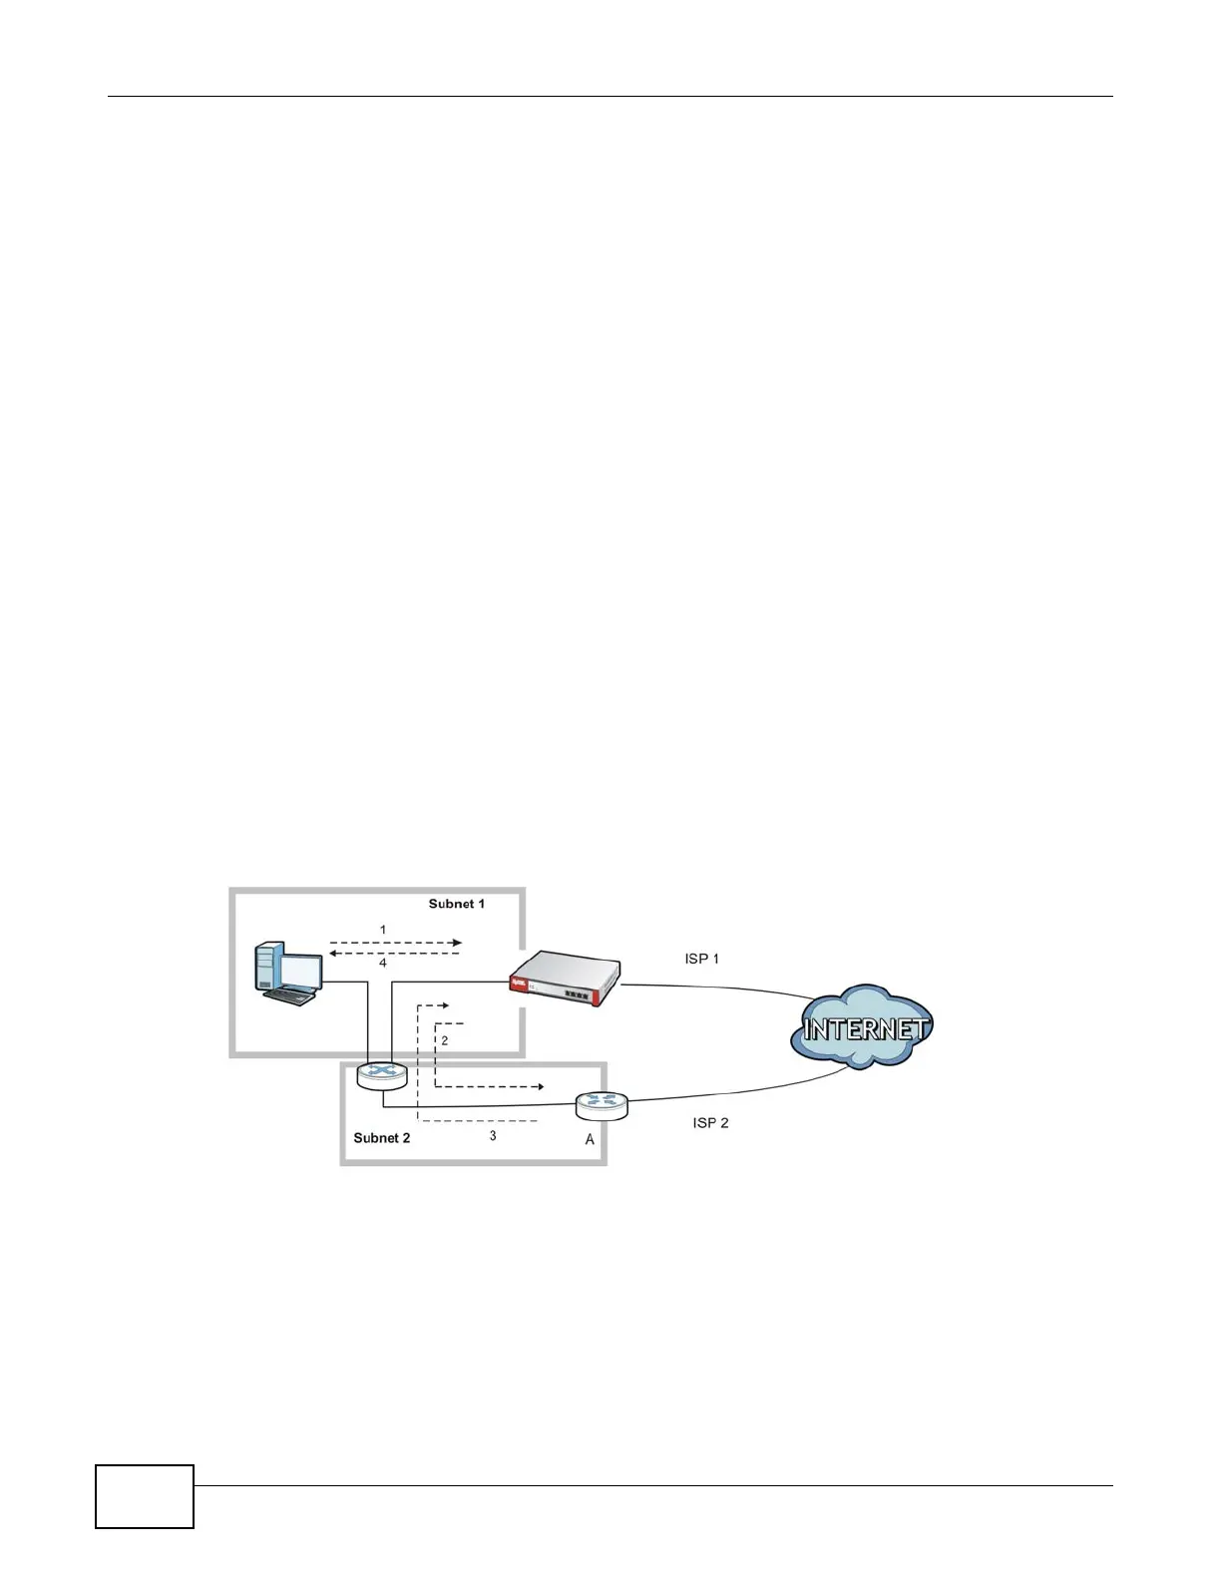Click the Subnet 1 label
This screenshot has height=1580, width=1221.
pos(456,904)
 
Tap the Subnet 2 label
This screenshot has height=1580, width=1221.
pos(381,1138)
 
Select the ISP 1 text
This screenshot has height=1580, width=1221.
pos(701,959)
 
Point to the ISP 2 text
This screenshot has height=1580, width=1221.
pos(710,1123)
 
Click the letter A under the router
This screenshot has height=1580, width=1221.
pos(590,1139)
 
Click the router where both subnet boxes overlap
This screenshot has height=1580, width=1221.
pos(382,1074)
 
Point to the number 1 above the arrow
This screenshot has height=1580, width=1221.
pos(383,930)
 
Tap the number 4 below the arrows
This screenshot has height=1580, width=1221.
pos(383,964)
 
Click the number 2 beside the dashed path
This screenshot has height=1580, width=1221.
pos(445,1040)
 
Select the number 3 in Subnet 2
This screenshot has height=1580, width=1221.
pos(493,1135)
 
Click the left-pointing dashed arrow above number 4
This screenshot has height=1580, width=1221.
pos(395,954)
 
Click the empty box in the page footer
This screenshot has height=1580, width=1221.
pos(145,1496)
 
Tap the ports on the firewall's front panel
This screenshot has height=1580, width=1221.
pos(576,994)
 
